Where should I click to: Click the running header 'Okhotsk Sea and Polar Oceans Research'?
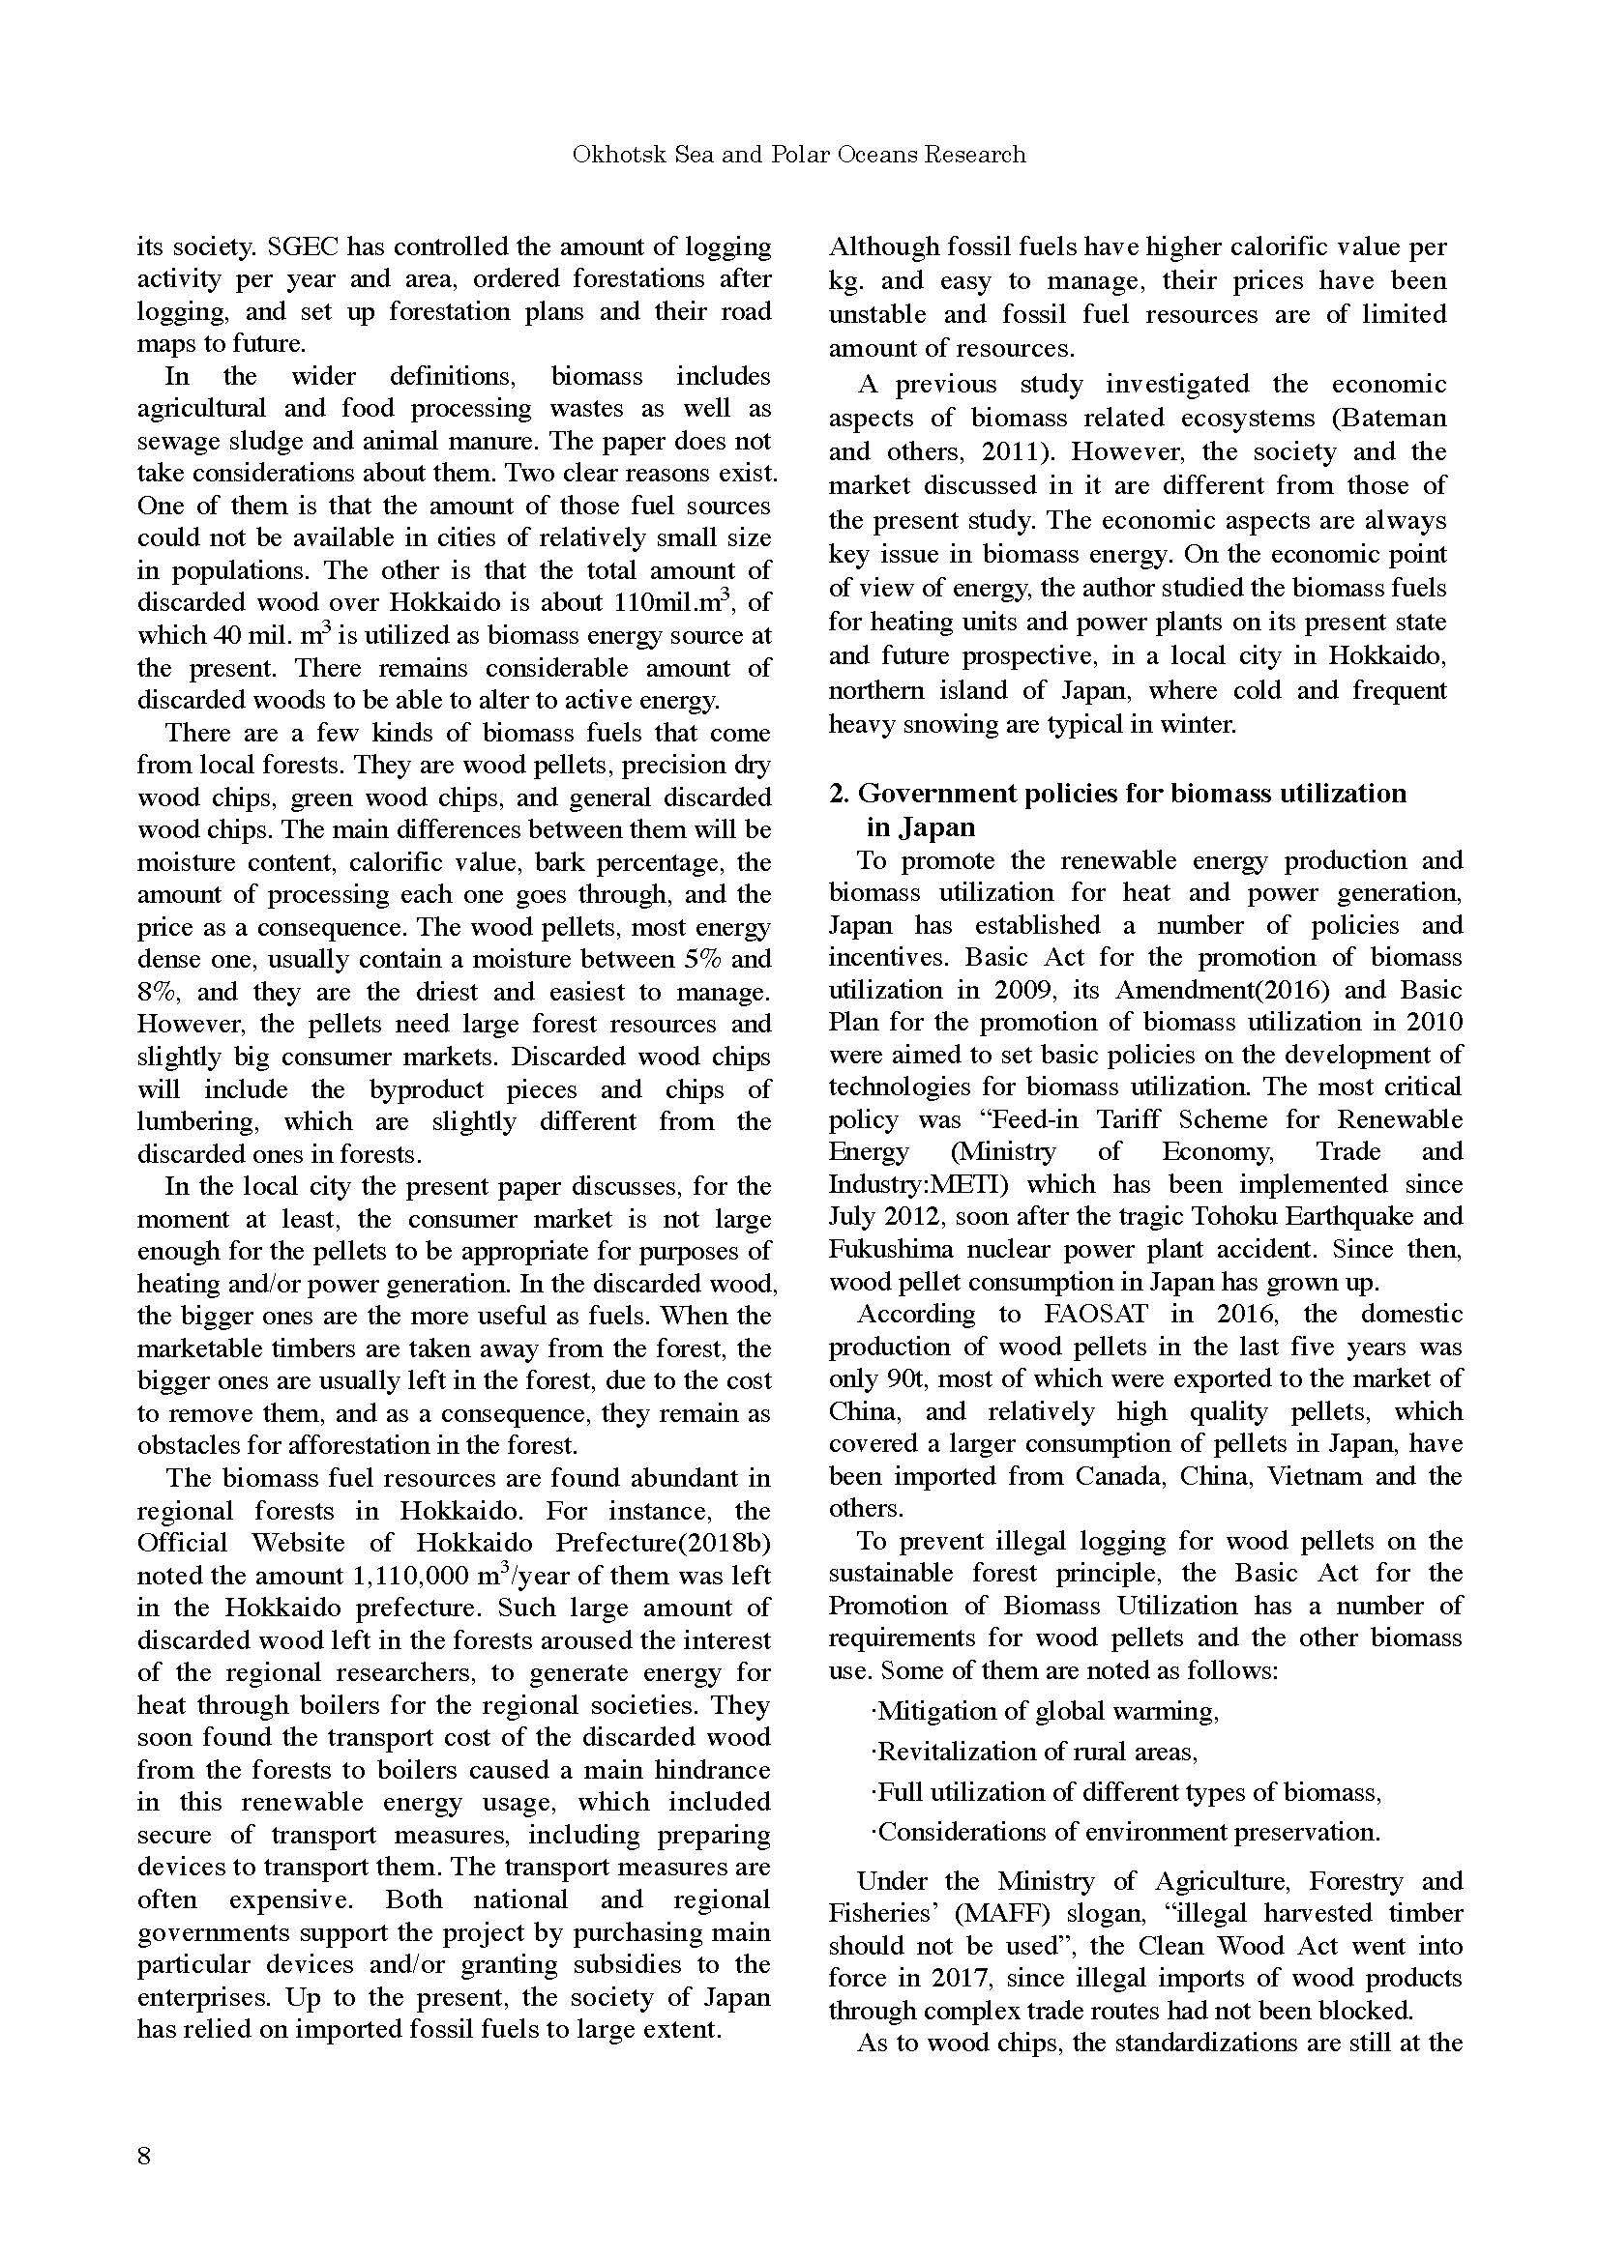[x=799, y=155]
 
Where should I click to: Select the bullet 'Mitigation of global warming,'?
[x=1046, y=1711]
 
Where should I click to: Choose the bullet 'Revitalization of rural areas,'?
[x=1034, y=1751]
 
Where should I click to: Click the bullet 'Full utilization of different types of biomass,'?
[x=1125, y=1791]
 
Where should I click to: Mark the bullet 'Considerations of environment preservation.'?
[x=1124, y=1832]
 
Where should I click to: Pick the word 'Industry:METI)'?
[x=907, y=1184]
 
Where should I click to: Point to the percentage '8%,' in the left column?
[x=156, y=992]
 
